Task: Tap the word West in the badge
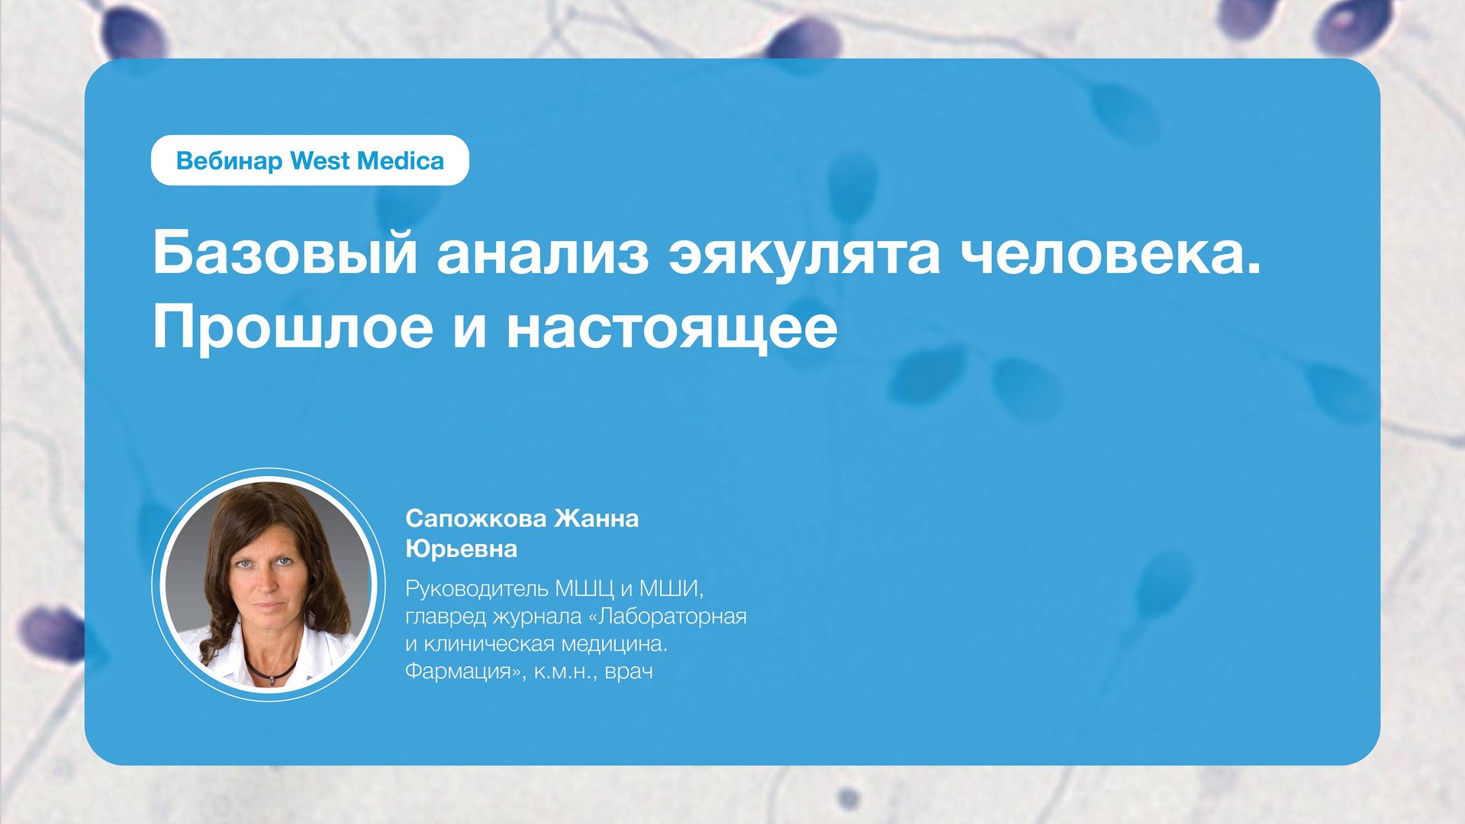(320, 161)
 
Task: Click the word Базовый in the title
(285, 254)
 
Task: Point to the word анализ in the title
(543, 254)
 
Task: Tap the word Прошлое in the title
(293, 328)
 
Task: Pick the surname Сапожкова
(475, 519)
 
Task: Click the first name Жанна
(596, 519)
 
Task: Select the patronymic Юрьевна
(461, 549)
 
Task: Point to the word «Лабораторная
(667, 616)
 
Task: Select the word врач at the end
(629, 672)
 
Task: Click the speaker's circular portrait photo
(269, 584)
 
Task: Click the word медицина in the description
(614, 644)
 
